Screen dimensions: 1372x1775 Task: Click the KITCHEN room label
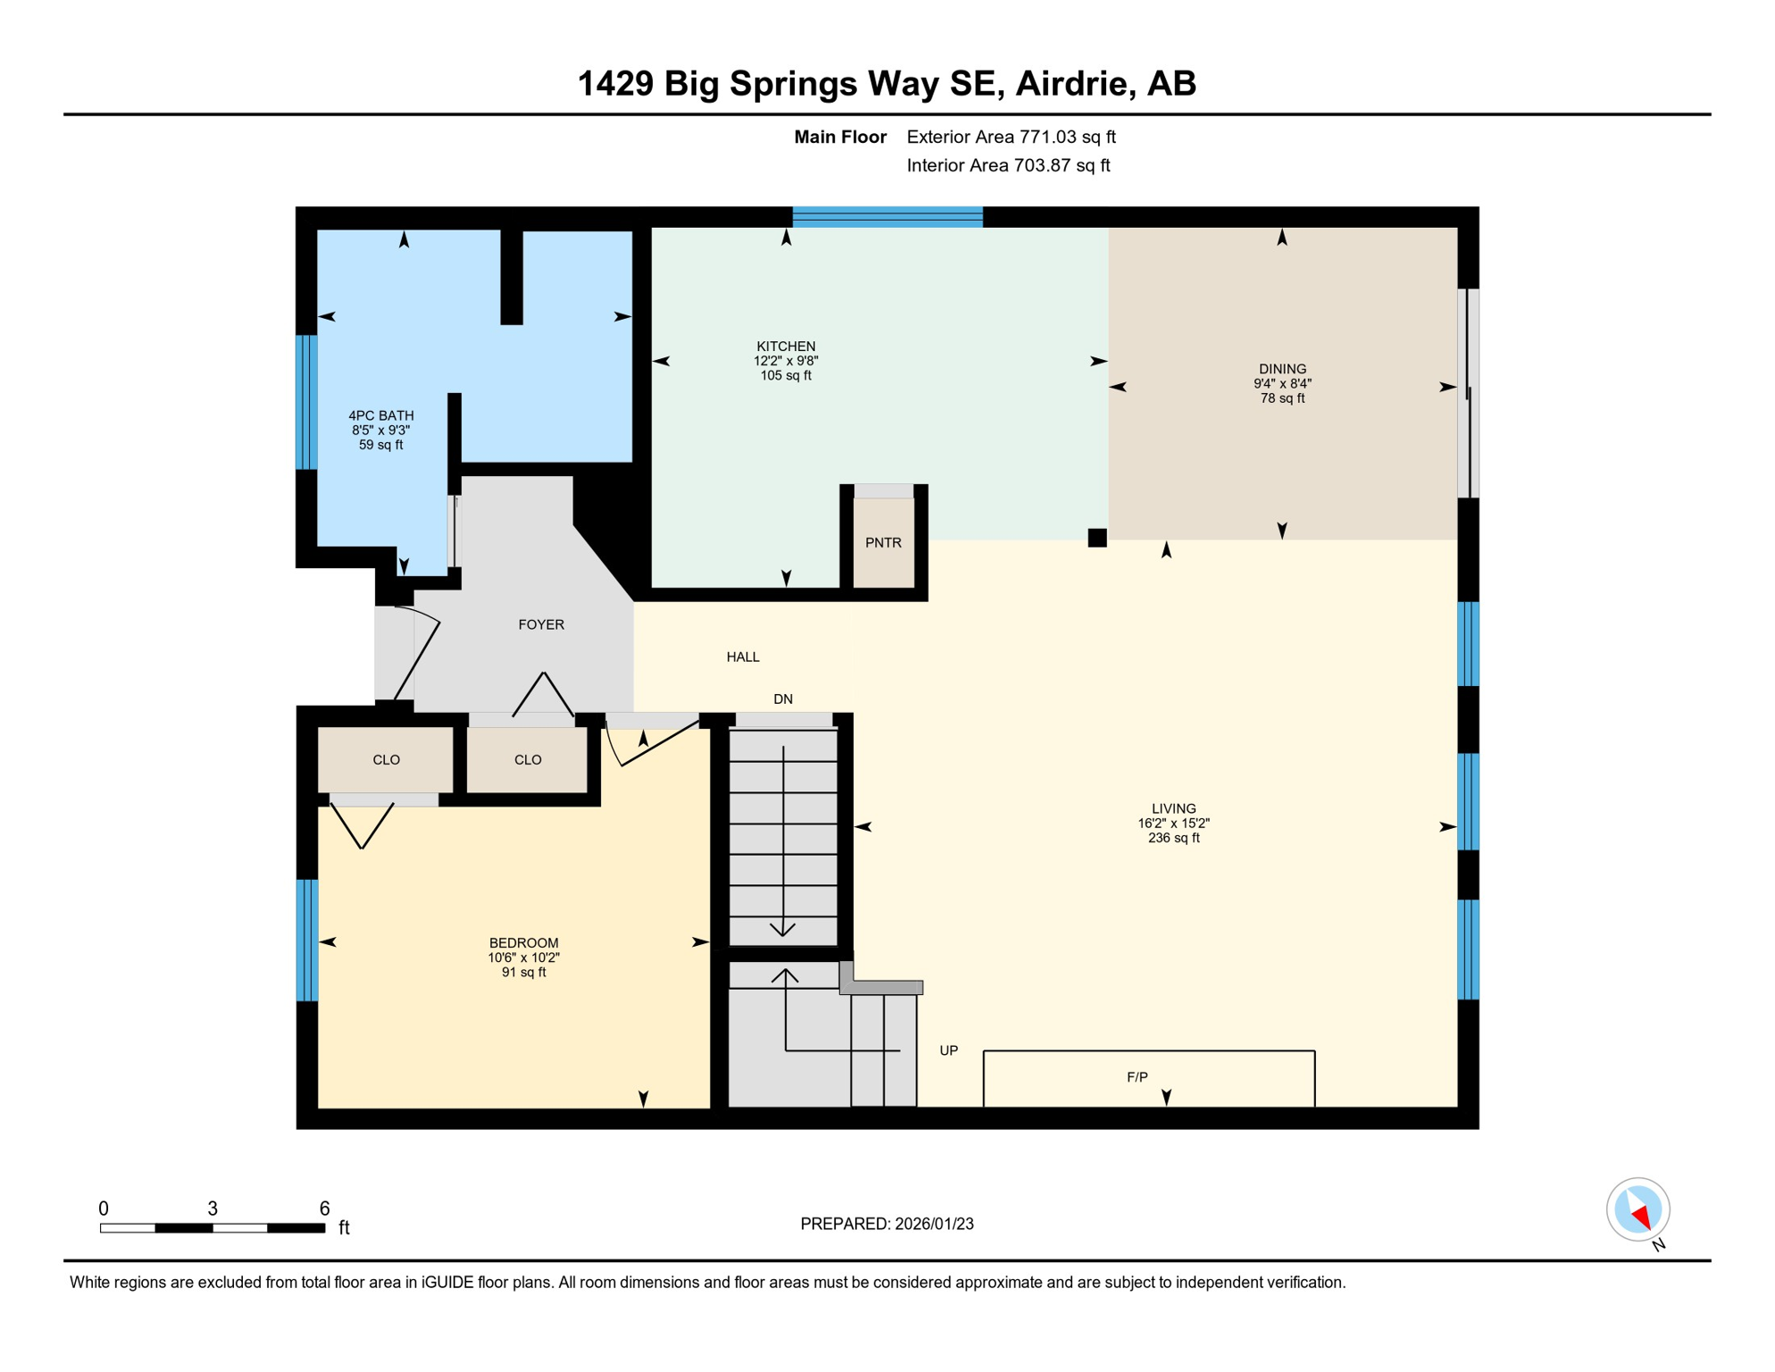(786, 346)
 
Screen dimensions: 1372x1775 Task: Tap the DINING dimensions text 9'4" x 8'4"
(1282, 383)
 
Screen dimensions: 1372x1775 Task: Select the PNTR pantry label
(883, 542)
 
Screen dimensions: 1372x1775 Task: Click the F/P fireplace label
(1137, 1077)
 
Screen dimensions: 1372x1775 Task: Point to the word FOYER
(541, 624)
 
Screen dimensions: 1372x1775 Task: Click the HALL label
(743, 657)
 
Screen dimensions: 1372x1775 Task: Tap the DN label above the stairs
(783, 699)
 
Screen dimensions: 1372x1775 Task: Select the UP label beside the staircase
(948, 1050)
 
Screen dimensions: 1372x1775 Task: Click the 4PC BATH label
(381, 415)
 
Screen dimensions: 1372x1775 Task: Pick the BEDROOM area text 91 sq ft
(523, 972)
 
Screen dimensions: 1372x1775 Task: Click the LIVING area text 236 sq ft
(1173, 838)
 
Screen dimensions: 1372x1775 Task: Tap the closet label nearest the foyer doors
(528, 759)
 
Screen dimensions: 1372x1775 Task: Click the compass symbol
(1637, 1209)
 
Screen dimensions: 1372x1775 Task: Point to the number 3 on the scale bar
(212, 1209)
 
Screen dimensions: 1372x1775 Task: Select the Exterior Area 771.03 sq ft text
(1011, 137)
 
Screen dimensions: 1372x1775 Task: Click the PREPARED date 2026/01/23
(934, 1224)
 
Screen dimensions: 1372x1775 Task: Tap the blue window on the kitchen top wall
(887, 216)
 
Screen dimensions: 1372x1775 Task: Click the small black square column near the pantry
(1097, 537)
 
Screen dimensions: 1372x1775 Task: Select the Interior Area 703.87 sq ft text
(1008, 165)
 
